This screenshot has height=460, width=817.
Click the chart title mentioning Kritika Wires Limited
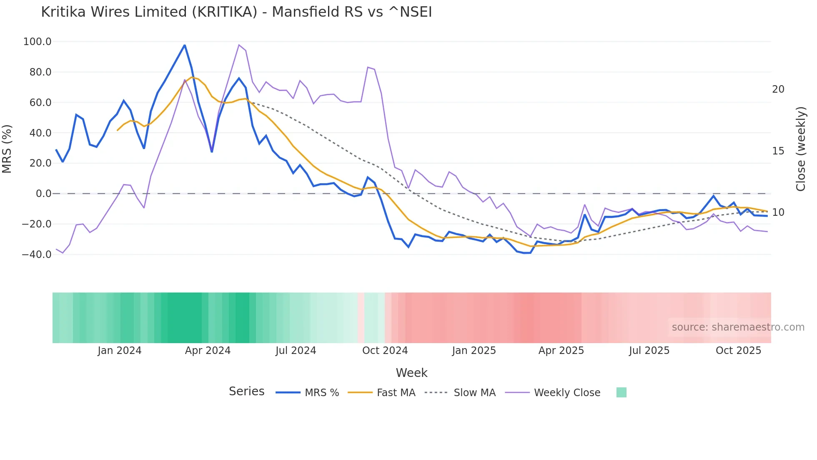click(x=236, y=12)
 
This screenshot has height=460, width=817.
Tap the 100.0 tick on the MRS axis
click(x=38, y=42)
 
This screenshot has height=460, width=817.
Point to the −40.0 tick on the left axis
click(x=37, y=254)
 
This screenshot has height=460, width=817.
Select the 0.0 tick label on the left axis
click(x=43, y=194)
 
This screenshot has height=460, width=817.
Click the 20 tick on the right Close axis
click(x=778, y=89)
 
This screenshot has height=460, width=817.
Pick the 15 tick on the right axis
click(x=778, y=151)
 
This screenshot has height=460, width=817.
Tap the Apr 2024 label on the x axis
click(x=208, y=351)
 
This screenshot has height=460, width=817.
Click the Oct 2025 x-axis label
click(x=738, y=351)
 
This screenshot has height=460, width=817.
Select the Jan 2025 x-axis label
click(x=474, y=351)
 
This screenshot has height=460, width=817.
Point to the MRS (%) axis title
click(x=7, y=149)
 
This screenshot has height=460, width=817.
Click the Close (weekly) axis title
click(x=801, y=149)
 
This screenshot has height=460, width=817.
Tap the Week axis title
click(x=411, y=373)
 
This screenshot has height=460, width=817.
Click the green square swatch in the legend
click(x=621, y=392)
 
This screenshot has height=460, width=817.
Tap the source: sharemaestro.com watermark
click(x=738, y=327)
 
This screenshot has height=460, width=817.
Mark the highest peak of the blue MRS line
click(x=185, y=45)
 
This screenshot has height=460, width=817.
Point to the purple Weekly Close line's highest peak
click(x=239, y=45)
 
